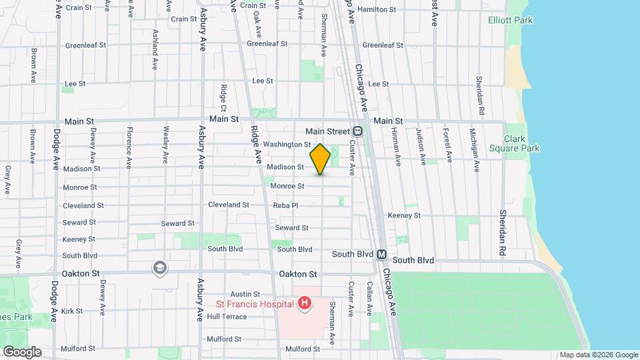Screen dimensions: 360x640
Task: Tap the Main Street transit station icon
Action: (x=358, y=131)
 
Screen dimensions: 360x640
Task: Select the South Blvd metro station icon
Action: (x=381, y=255)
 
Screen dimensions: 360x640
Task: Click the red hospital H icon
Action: (x=305, y=305)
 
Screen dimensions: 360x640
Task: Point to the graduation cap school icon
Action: (x=160, y=269)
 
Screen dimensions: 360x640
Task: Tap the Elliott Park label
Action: (x=510, y=21)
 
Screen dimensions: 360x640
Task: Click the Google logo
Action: (x=21, y=351)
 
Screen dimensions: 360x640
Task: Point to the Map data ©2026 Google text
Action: (x=598, y=355)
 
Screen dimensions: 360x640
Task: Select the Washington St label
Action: (x=287, y=144)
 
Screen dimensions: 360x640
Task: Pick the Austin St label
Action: (x=245, y=294)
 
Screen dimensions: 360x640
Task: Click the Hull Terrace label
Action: (x=227, y=317)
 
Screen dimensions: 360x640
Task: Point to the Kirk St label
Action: (x=71, y=311)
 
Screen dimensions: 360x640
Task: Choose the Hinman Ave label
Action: (x=397, y=152)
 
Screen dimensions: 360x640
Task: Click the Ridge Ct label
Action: (x=224, y=98)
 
